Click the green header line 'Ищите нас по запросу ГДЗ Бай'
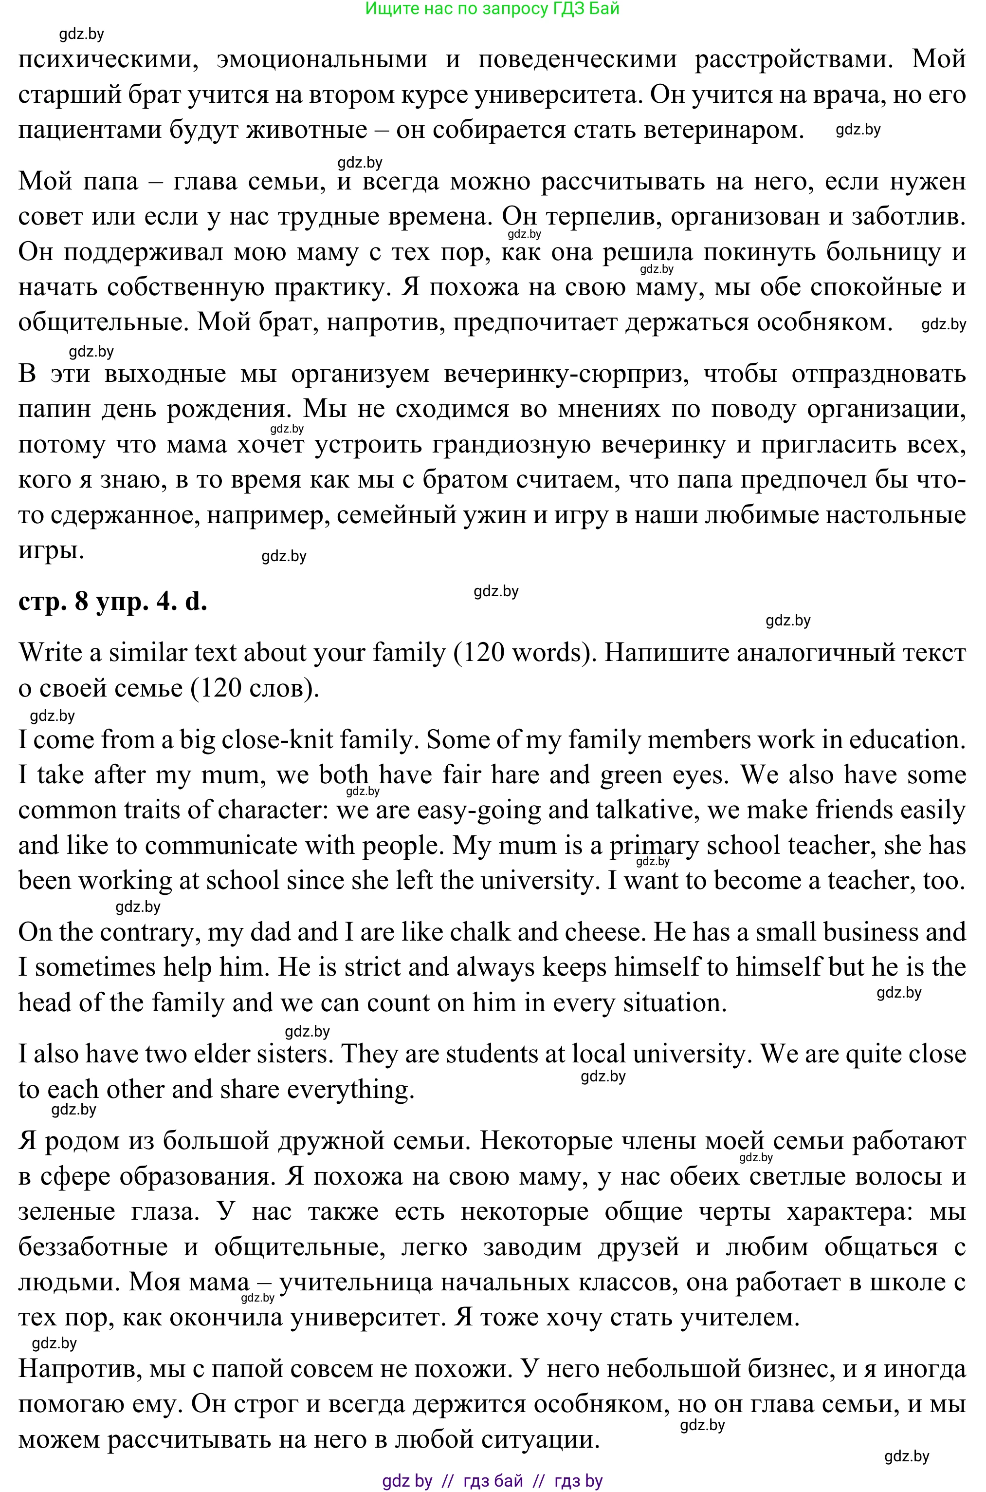point(493,8)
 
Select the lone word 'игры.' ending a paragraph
point(51,550)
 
